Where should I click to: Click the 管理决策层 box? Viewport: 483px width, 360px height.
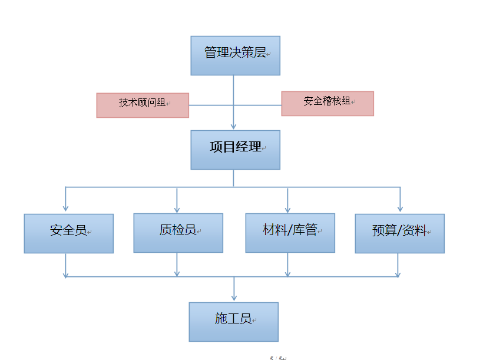(x=235, y=55)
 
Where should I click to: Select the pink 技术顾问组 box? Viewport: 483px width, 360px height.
(x=143, y=105)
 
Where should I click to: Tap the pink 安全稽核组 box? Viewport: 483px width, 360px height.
(x=327, y=103)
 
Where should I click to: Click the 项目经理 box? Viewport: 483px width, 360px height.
(x=235, y=150)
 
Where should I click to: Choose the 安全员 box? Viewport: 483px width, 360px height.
(x=68, y=233)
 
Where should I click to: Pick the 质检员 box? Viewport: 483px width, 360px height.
(x=178, y=233)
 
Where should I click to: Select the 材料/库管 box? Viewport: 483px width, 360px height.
(x=290, y=233)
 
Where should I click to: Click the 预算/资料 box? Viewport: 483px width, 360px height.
(x=399, y=233)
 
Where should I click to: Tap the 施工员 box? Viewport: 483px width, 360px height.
(x=233, y=322)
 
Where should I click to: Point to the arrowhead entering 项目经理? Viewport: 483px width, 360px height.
(x=234, y=126)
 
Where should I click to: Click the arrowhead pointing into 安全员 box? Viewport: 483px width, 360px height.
(x=65, y=209)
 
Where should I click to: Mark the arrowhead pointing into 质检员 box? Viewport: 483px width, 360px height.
(x=177, y=209)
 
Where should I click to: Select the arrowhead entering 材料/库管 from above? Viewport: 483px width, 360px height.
(x=287, y=209)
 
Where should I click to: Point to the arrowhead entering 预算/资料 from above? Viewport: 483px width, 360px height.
(x=400, y=209)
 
